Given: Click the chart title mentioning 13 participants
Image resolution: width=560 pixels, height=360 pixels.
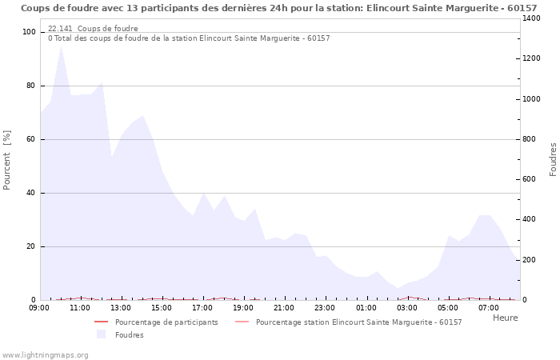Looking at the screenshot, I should click(278, 8).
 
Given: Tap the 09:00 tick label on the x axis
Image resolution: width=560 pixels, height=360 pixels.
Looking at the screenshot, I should click(39, 308).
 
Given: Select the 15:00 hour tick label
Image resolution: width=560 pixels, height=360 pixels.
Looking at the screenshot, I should click(162, 308).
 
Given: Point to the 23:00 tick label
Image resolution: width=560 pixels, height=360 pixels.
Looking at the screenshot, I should click(325, 308).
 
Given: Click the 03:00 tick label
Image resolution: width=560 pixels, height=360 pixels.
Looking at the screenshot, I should click(407, 308).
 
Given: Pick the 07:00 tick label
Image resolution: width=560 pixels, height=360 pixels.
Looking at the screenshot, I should click(489, 308).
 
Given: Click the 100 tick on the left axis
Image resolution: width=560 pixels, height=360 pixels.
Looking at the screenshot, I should click(30, 32).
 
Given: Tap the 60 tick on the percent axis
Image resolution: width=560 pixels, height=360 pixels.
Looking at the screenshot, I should click(31, 139).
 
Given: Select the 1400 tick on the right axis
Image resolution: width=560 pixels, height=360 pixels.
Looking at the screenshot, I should click(531, 18).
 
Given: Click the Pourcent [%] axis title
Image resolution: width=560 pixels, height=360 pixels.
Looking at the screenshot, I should click(7, 160).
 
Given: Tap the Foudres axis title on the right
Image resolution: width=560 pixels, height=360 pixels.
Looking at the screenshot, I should click(553, 159).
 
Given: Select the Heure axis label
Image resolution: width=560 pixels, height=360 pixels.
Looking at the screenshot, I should click(505, 318).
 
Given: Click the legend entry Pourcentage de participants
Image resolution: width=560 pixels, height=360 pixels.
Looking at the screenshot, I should click(166, 322).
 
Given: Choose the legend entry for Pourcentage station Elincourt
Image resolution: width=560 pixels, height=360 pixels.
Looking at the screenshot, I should click(358, 322).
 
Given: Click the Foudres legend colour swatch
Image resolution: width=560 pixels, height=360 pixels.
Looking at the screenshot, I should click(102, 334).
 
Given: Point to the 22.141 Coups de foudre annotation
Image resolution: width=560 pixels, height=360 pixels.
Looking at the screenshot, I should click(93, 28).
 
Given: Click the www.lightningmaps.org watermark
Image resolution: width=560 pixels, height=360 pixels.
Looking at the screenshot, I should click(45, 355).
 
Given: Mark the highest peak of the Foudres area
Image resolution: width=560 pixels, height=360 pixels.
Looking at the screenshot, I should click(61, 46).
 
